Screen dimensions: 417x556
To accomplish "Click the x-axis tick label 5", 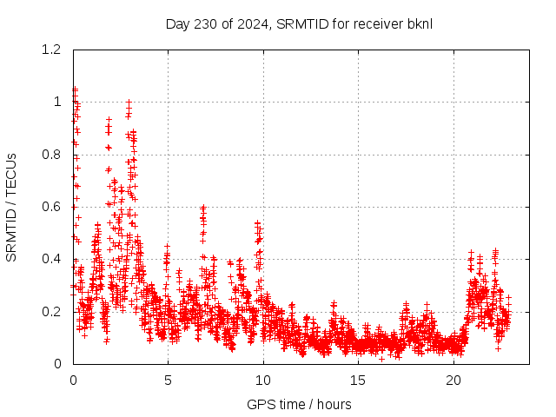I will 169,380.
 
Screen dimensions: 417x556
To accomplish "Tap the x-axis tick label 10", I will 263,380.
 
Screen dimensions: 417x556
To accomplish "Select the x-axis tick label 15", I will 359,380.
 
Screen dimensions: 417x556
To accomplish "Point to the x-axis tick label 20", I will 453,380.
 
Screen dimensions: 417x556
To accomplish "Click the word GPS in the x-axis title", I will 260,404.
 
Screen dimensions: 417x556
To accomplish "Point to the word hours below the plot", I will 334,404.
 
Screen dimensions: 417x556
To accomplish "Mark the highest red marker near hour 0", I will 75,89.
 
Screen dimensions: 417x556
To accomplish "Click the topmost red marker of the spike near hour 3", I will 129,103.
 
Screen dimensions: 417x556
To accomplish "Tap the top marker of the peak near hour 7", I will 203,208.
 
